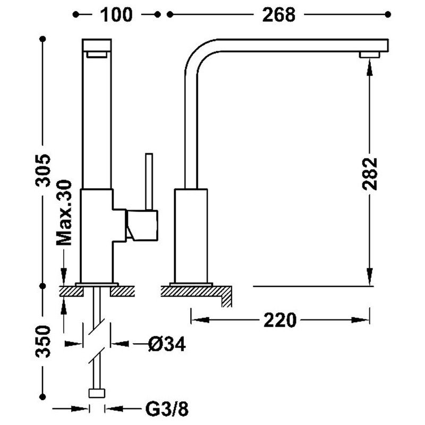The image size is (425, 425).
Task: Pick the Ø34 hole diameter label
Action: (166, 345)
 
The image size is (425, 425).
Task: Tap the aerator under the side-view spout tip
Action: (370, 54)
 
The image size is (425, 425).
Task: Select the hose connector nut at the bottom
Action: (97, 394)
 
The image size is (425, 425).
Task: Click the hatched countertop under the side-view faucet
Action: (197, 291)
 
